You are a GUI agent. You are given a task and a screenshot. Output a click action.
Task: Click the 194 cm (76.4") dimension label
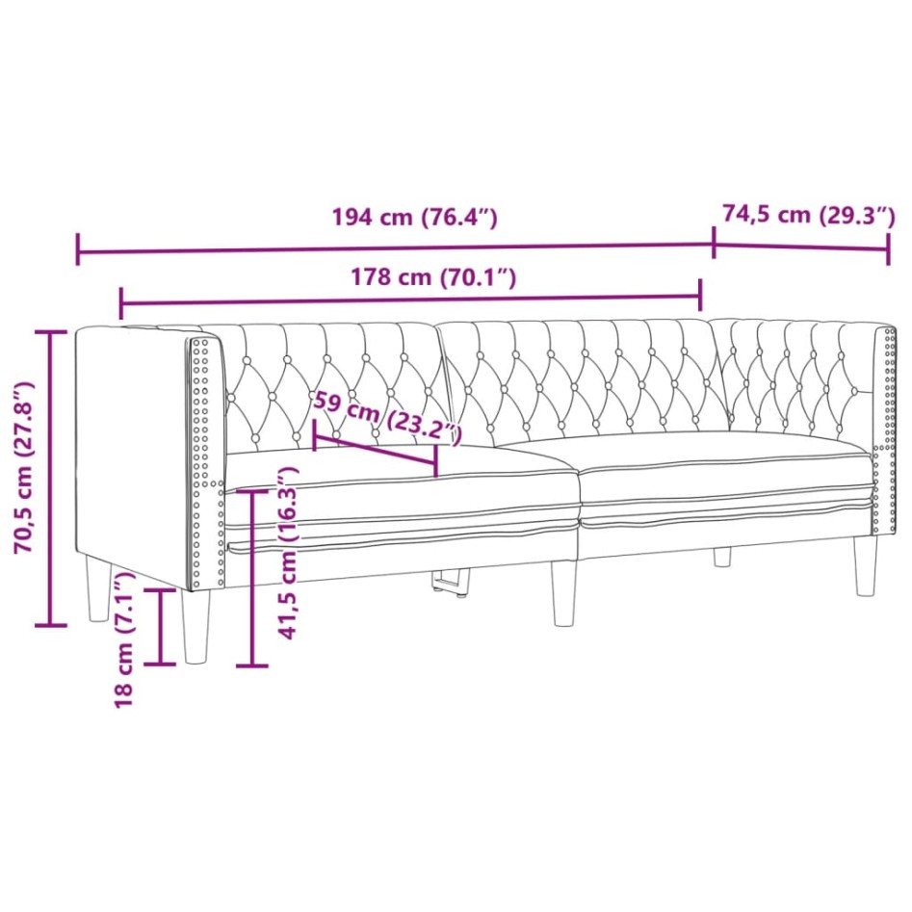(x=414, y=217)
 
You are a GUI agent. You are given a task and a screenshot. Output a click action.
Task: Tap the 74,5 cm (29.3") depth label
(x=808, y=215)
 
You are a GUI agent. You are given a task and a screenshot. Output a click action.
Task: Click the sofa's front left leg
(x=195, y=627)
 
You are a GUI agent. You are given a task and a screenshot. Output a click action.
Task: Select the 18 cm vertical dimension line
(x=161, y=626)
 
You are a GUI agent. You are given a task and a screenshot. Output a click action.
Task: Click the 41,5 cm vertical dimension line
(x=252, y=578)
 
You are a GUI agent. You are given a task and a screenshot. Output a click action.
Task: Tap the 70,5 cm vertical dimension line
(x=51, y=477)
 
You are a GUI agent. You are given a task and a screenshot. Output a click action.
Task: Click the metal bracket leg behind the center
(x=449, y=585)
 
